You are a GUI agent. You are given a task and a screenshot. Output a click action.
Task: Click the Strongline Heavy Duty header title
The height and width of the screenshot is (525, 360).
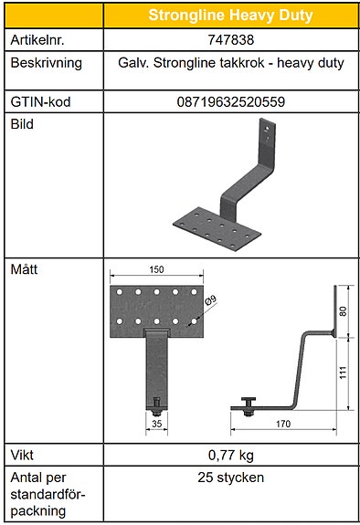(230, 16)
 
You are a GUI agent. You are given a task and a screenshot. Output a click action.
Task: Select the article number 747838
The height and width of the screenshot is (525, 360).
(230, 41)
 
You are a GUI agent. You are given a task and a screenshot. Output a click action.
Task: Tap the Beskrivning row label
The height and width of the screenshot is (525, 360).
(46, 64)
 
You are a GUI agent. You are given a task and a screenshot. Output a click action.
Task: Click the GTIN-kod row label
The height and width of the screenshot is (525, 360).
(40, 101)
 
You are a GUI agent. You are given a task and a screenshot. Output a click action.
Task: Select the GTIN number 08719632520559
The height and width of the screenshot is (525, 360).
(230, 101)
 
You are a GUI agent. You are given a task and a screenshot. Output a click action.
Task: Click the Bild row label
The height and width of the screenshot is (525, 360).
(22, 124)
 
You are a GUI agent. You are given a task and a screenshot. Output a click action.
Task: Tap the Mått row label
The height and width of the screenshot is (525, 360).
(24, 271)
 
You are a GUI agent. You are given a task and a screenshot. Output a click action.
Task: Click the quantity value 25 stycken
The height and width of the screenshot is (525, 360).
(230, 478)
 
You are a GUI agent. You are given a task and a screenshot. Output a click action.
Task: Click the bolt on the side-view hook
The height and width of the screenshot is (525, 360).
(249, 403)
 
